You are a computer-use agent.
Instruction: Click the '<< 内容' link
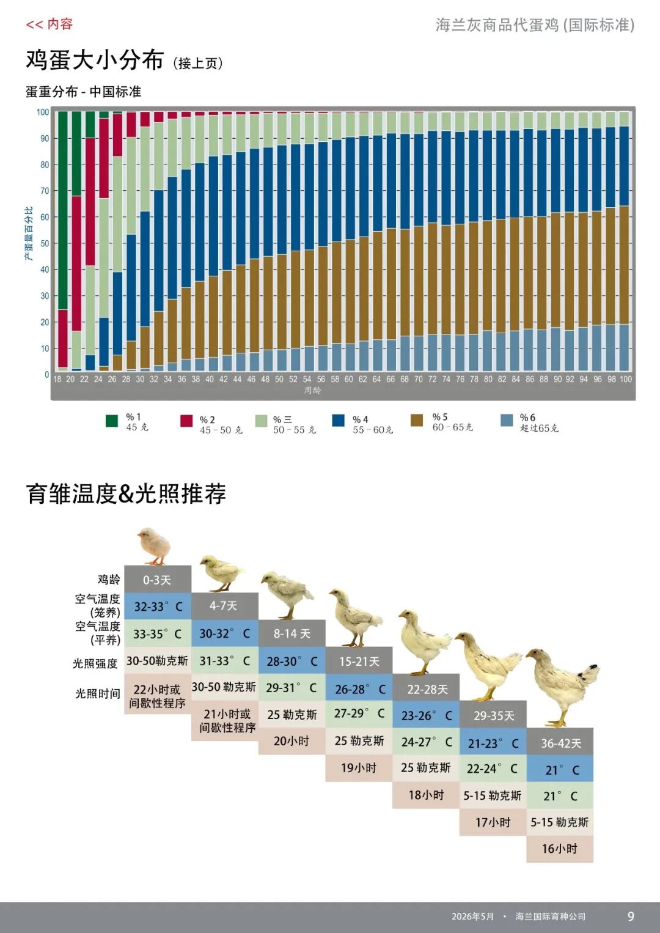pyautogui.click(x=49, y=24)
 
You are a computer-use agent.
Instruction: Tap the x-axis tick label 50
pyautogui.click(x=279, y=379)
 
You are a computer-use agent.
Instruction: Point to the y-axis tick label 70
pyautogui.click(x=45, y=191)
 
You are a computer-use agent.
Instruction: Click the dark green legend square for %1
pyautogui.click(x=112, y=421)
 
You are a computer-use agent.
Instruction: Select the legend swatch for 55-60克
pyautogui.click(x=338, y=420)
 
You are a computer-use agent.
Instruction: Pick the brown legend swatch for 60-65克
pyautogui.click(x=416, y=420)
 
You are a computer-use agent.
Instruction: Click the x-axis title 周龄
pyautogui.click(x=312, y=390)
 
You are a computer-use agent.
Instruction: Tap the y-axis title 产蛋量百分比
pyautogui.click(x=28, y=234)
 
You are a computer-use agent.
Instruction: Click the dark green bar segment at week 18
pyautogui.click(x=62, y=211)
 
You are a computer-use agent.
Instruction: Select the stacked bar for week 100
pyautogui.click(x=624, y=241)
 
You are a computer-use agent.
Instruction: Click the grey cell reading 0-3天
pyautogui.click(x=158, y=580)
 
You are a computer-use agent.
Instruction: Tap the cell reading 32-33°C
pyautogui.click(x=158, y=607)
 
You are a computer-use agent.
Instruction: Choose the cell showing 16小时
pyautogui.click(x=560, y=849)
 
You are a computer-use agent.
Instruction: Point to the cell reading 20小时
pyautogui.click(x=291, y=741)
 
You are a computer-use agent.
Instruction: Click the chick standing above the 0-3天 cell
pyautogui.click(x=154, y=546)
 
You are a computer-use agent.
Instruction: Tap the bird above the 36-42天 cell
pyautogui.click(x=562, y=687)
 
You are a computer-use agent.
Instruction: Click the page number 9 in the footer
pyautogui.click(x=631, y=916)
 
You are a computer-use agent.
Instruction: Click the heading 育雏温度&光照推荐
pyautogui.click(x=126, y=493)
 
